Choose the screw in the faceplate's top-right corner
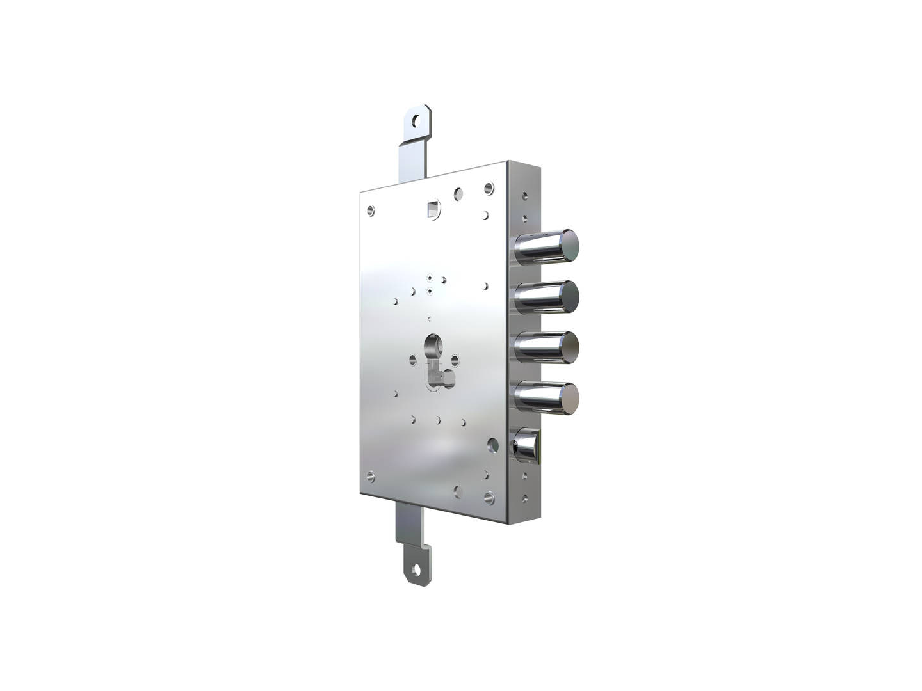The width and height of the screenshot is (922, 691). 489,188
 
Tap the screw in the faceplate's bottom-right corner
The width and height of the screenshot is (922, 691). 490,496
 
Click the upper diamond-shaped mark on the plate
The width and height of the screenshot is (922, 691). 430,278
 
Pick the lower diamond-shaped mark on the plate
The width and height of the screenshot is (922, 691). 430,291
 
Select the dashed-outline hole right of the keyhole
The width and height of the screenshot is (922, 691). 455,359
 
